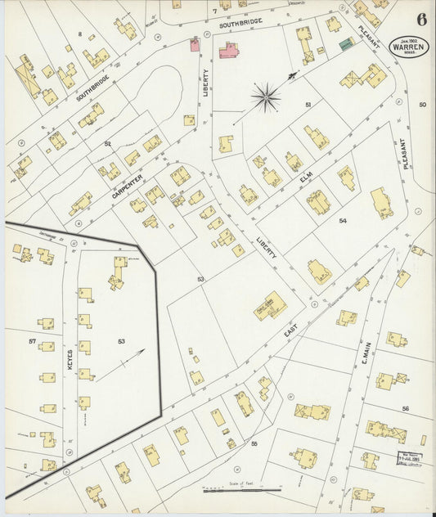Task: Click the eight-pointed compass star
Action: (266, 98)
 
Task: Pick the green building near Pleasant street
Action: (347, 43)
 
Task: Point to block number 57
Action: (33, 339)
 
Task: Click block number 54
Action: (343, 221)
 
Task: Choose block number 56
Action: (404, 407)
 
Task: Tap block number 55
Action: (254, 443)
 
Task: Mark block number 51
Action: (308, 105)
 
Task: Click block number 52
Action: (106, 143)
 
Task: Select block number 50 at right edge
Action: (422, 105)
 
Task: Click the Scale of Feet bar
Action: (244, 489)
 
